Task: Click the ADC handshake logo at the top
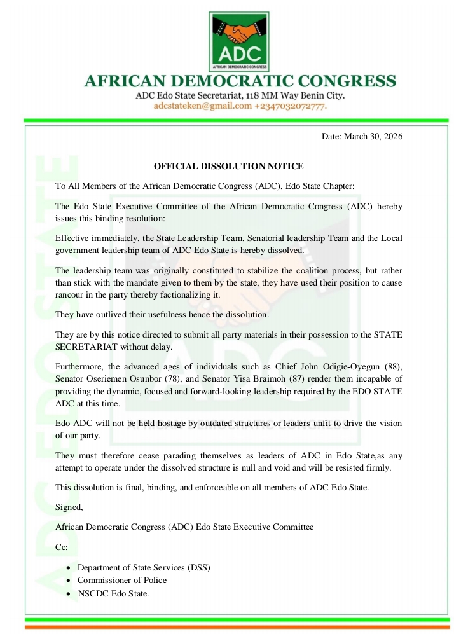240,40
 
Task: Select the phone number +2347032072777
291,106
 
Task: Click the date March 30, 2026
362,136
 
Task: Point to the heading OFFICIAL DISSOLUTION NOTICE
229,166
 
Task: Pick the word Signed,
69,507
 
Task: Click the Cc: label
62,547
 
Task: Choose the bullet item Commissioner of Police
122,580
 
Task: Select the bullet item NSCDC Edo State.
113,593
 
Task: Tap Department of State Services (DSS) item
144,567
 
